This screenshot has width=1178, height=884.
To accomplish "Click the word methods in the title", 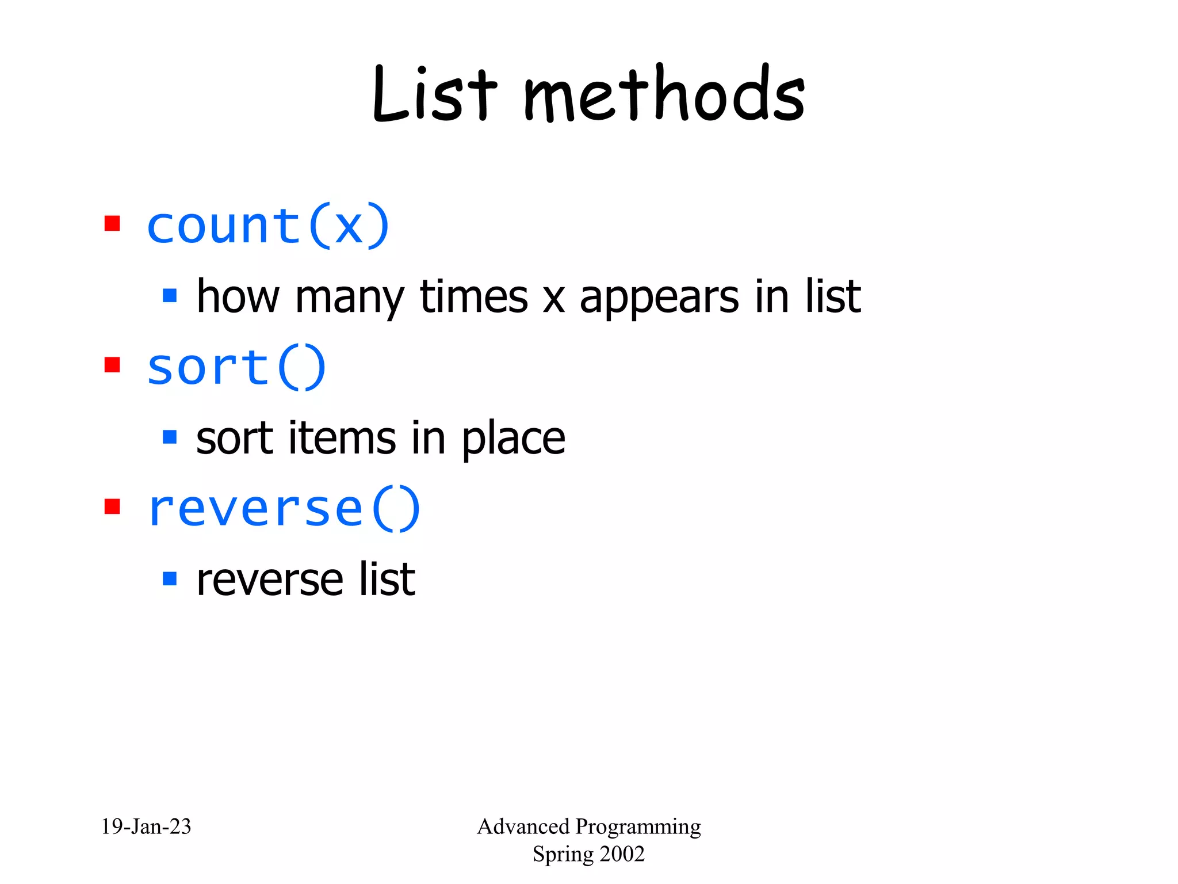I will (664, 95).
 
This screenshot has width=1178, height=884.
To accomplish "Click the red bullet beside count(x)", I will (112, 223).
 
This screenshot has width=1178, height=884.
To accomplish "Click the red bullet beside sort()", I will (112, 365).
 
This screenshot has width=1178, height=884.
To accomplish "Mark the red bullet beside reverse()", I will (112, 506).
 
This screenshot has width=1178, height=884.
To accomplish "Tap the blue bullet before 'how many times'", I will (170, 296).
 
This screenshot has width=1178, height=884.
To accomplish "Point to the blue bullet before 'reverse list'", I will (170, 578).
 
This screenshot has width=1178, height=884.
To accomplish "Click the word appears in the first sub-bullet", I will (659, 298).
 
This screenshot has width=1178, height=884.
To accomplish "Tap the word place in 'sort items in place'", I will (514, 440).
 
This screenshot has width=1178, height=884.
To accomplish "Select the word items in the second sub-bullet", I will (342, 439).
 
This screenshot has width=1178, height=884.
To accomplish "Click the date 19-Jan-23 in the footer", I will (146, 827).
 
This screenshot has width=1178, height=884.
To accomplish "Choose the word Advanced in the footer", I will (523, 827).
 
